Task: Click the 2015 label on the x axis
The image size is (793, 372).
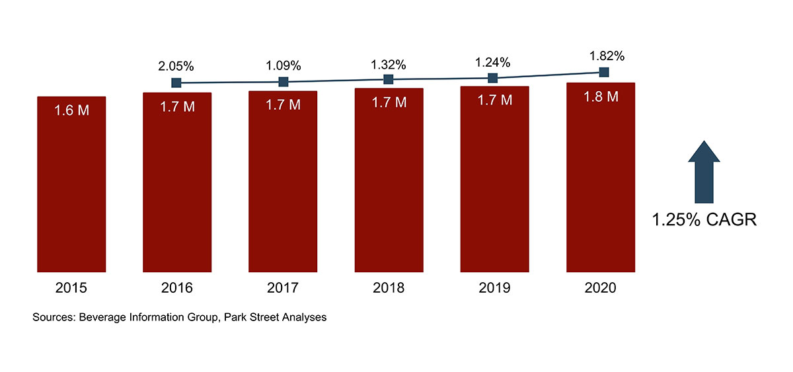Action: [71, 289]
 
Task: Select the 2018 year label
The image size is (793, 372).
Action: [389, 289]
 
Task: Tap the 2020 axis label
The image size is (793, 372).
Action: [600, 289]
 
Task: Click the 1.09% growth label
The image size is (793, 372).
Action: [283, 65]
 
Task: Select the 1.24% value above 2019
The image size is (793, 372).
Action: [492, 62]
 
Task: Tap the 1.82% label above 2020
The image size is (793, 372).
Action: [603, 56]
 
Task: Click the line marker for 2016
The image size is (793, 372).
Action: [176, 83]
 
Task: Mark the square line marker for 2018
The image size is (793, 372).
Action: [389, 79]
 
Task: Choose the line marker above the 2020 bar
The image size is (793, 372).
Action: [603, 71]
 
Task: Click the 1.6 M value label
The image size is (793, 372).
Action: [71, 110]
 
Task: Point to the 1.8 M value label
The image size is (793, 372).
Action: [601, 96]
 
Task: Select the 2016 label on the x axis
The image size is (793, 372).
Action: [177, 289]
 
